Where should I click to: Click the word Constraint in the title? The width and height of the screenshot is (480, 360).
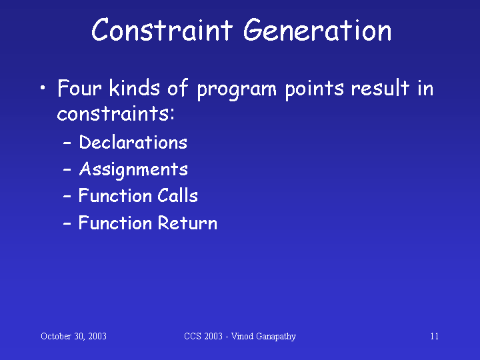tap(162, 29)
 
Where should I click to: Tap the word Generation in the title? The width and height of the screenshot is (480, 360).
tap(317, 29)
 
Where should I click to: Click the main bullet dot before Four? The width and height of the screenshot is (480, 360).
tap(43, 88)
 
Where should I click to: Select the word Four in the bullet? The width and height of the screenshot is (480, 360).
tap(79, 88)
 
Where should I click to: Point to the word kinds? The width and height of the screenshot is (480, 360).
tap(135, 88)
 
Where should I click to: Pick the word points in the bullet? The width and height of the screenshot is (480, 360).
tap(314, 90)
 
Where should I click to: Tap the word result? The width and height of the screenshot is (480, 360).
tap(380, 88)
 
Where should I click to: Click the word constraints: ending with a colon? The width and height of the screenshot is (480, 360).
tap(116, 113)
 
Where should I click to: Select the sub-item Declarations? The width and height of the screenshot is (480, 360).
tap(133, 142)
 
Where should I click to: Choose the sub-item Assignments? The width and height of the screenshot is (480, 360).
tap(133, 170)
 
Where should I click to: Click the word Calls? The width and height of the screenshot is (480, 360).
tap(177, 195)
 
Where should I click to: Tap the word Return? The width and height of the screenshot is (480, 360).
tap(187, 223)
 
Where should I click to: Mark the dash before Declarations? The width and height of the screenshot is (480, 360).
tap(67, 143)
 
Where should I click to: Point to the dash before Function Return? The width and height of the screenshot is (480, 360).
tap(67, 223)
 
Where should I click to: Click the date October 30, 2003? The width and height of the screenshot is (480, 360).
tap(73, 336)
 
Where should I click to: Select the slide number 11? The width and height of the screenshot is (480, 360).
tap(435, 336)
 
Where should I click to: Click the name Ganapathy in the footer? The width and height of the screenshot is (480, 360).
tap(276, 337)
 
